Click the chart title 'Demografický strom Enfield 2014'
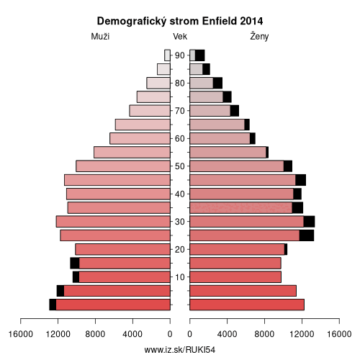(180, 22)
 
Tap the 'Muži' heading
(100, 37)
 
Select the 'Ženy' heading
(259, 37)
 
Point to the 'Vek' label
(180, 37)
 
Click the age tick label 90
(180, 55)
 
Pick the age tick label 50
(180, 166)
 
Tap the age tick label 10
(180, 277)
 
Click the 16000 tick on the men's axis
(21, 334)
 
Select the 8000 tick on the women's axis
(264, 334)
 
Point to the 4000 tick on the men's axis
(132, 334)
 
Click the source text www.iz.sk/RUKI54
(180, 350)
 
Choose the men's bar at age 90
(167, 55)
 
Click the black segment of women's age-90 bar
(199, 55)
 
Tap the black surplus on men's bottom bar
(53, 305)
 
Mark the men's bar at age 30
(113, 222)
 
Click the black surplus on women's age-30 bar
(309, 222)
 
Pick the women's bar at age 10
(235, 277)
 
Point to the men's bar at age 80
(158, 83)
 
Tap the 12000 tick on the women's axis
(302, 334)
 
